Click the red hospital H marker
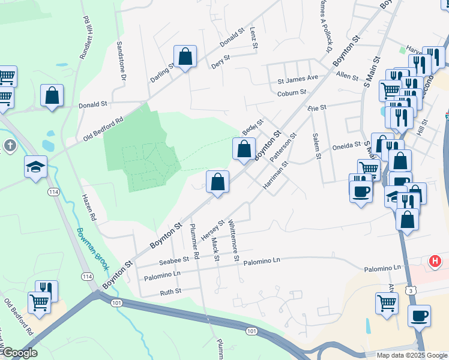pos(436,262)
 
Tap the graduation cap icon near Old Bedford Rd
pos(35,166)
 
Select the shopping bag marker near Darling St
pos(185,57)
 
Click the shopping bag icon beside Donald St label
pos(52,95)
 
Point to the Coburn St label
pos(292,92)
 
